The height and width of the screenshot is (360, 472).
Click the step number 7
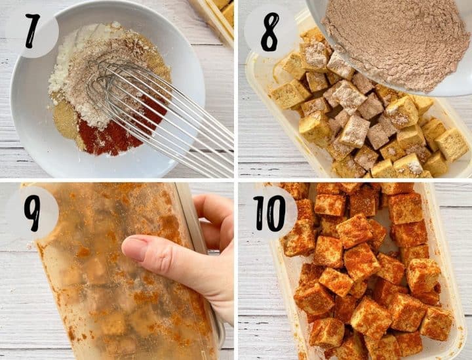pos(33,31)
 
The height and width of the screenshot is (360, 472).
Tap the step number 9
pos(32,213)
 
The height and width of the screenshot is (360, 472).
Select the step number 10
pos(269,213)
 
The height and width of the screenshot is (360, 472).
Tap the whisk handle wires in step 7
pos(193,132)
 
